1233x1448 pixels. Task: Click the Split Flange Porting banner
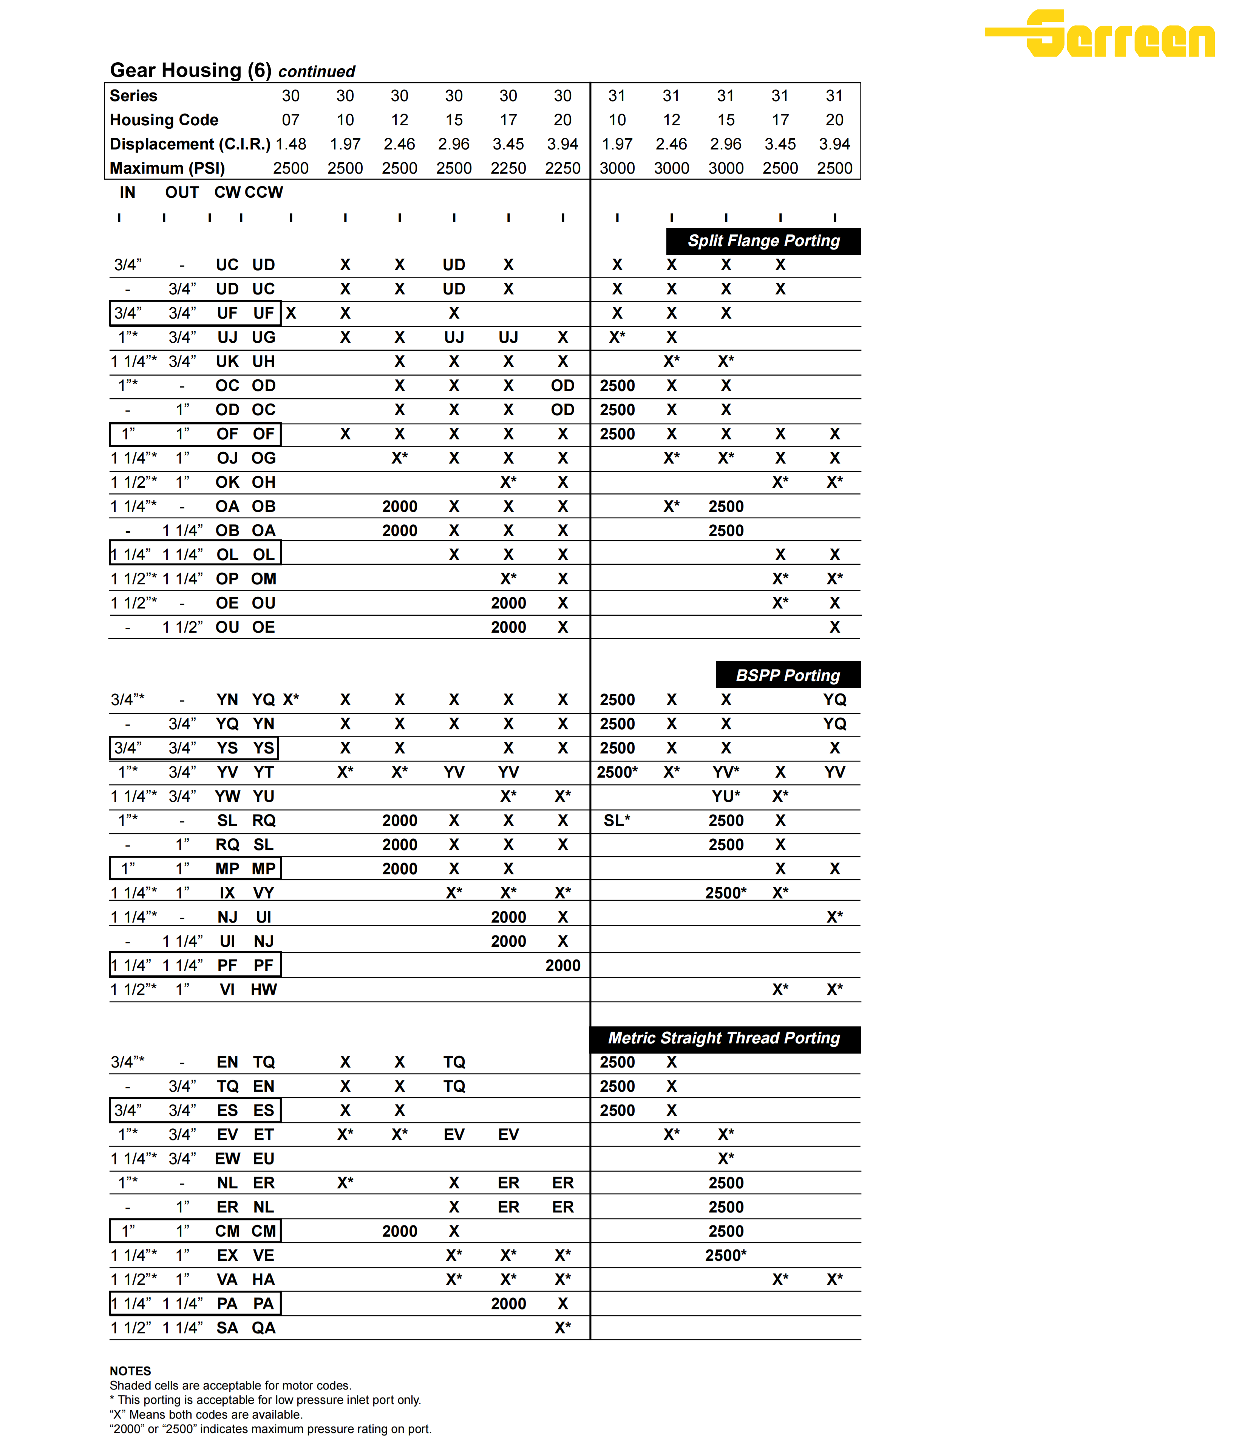click(763, 241)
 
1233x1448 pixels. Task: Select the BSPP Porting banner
click(788, 675)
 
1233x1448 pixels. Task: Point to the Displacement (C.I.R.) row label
click(189, 144)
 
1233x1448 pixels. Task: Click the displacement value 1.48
click(291, 144)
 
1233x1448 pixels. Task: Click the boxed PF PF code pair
click(245, 965)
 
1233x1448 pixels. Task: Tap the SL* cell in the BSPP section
click(616, 821)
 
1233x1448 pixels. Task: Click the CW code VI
click(227, 990)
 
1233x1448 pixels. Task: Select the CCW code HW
click(264, 990)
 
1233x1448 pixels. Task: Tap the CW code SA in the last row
click(227, 1328)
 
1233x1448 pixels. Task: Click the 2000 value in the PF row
click(563, 965)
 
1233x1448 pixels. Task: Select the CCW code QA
click(264, 1328)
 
